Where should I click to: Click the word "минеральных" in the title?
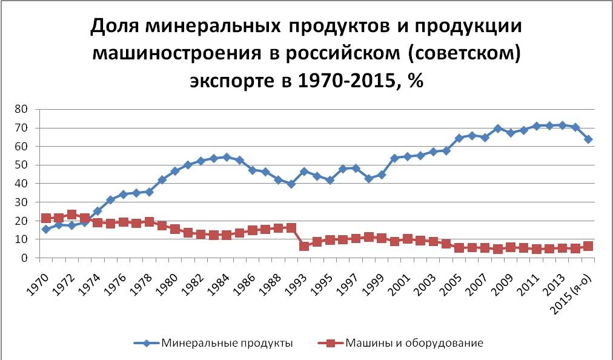[x=213, y=27]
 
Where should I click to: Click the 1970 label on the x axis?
[x=39, y=278]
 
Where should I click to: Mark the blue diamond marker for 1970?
[x=45, y=229]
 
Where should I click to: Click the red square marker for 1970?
[x=45, y=218]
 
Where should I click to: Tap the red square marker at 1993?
[x=305, y=246]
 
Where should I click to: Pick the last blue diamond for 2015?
[x=588, y=139]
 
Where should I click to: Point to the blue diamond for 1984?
[x=227, y=157]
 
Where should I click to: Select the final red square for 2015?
[x=588, y=246]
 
